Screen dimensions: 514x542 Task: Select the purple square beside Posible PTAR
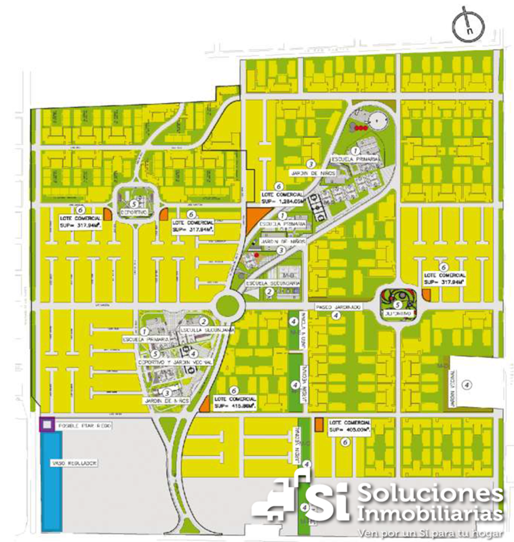click(x=46, y=425)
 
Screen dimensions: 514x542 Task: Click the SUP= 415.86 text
click(x=234, y=406)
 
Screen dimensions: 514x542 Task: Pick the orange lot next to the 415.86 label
click(x=205, y=405)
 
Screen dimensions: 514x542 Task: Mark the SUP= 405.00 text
click(x=350, y=430)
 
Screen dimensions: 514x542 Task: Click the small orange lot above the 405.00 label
click(x=318, y=424)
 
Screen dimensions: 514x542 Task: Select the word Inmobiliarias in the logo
click(x=430, y=512)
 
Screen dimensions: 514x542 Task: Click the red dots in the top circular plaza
click(x=361, y=128)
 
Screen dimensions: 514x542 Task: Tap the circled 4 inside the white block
click(x=466, y=384)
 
